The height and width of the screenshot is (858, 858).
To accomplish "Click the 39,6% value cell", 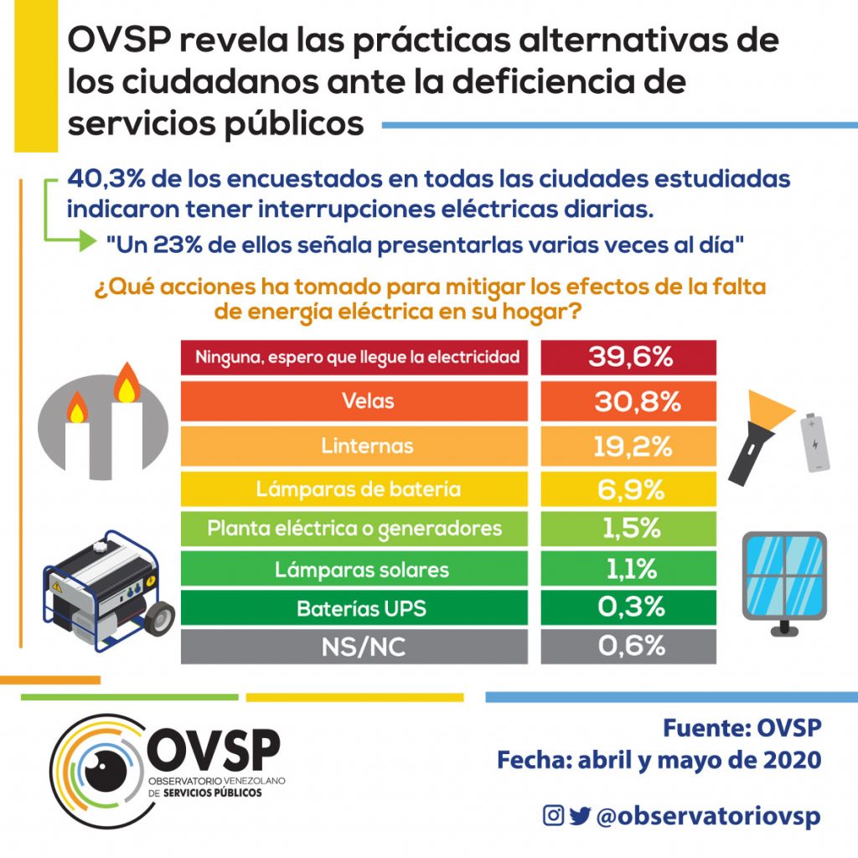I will point(629,358).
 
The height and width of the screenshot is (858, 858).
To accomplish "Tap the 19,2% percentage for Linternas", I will point(629,445).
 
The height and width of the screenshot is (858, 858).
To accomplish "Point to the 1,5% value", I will point(629,529).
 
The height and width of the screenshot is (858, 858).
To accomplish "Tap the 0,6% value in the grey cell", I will point(629,647).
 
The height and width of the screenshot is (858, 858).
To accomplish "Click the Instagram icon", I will point(553,815).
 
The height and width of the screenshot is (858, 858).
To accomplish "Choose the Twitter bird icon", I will point(579,815).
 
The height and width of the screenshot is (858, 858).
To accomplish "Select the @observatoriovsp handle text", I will point(707,816).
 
